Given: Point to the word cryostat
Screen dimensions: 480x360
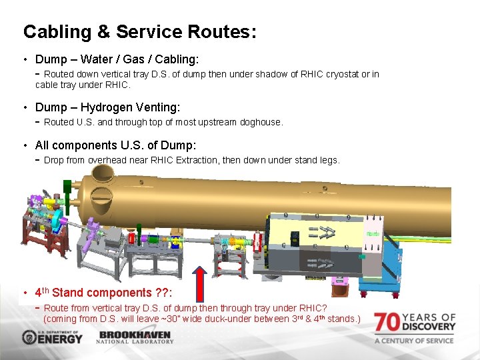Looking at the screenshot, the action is click(343, 74).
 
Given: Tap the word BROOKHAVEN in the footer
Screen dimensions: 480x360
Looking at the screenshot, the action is click(135, 334).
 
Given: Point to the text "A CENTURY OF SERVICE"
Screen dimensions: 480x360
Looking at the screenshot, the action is click(415, 341).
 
